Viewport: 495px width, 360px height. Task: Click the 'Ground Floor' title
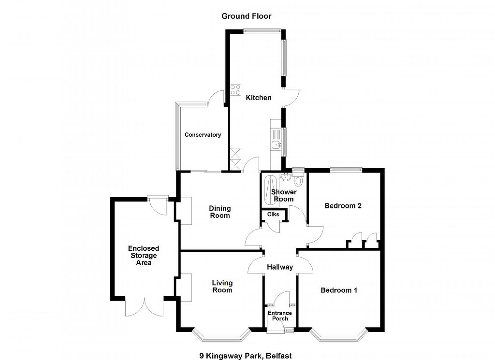point(246,16)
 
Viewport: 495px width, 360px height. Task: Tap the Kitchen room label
point(259,98)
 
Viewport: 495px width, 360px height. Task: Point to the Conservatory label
point(203,135)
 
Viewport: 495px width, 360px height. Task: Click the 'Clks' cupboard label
point(273,214)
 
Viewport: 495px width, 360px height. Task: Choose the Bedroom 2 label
point(343,206)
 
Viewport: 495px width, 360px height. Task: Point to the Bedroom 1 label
point(339,290)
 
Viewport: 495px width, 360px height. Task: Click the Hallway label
point(280,267)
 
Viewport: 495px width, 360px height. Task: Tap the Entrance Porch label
point(280,315)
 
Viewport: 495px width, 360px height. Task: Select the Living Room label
point(222,286)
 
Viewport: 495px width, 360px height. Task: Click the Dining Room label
point(220,212)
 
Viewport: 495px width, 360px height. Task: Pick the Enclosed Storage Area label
point(144,255)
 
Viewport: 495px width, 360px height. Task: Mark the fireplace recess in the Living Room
point(186,287)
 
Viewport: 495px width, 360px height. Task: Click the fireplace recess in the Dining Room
point(186,211)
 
